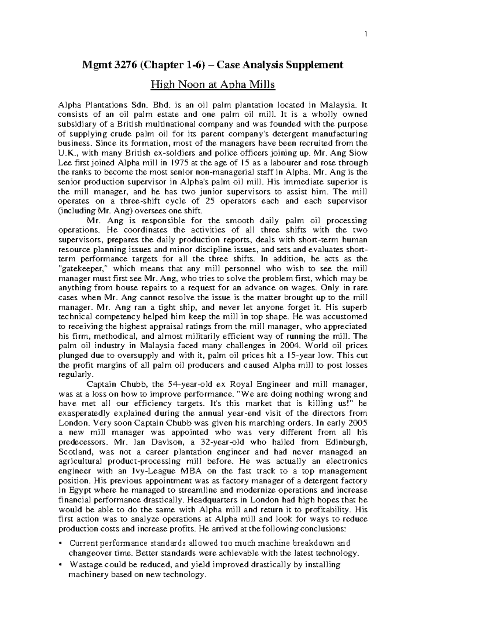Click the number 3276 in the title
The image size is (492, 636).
tap(126, 65)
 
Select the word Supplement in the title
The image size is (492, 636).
tap(315, 65)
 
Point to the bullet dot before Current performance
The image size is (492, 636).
tap(61, 543)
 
